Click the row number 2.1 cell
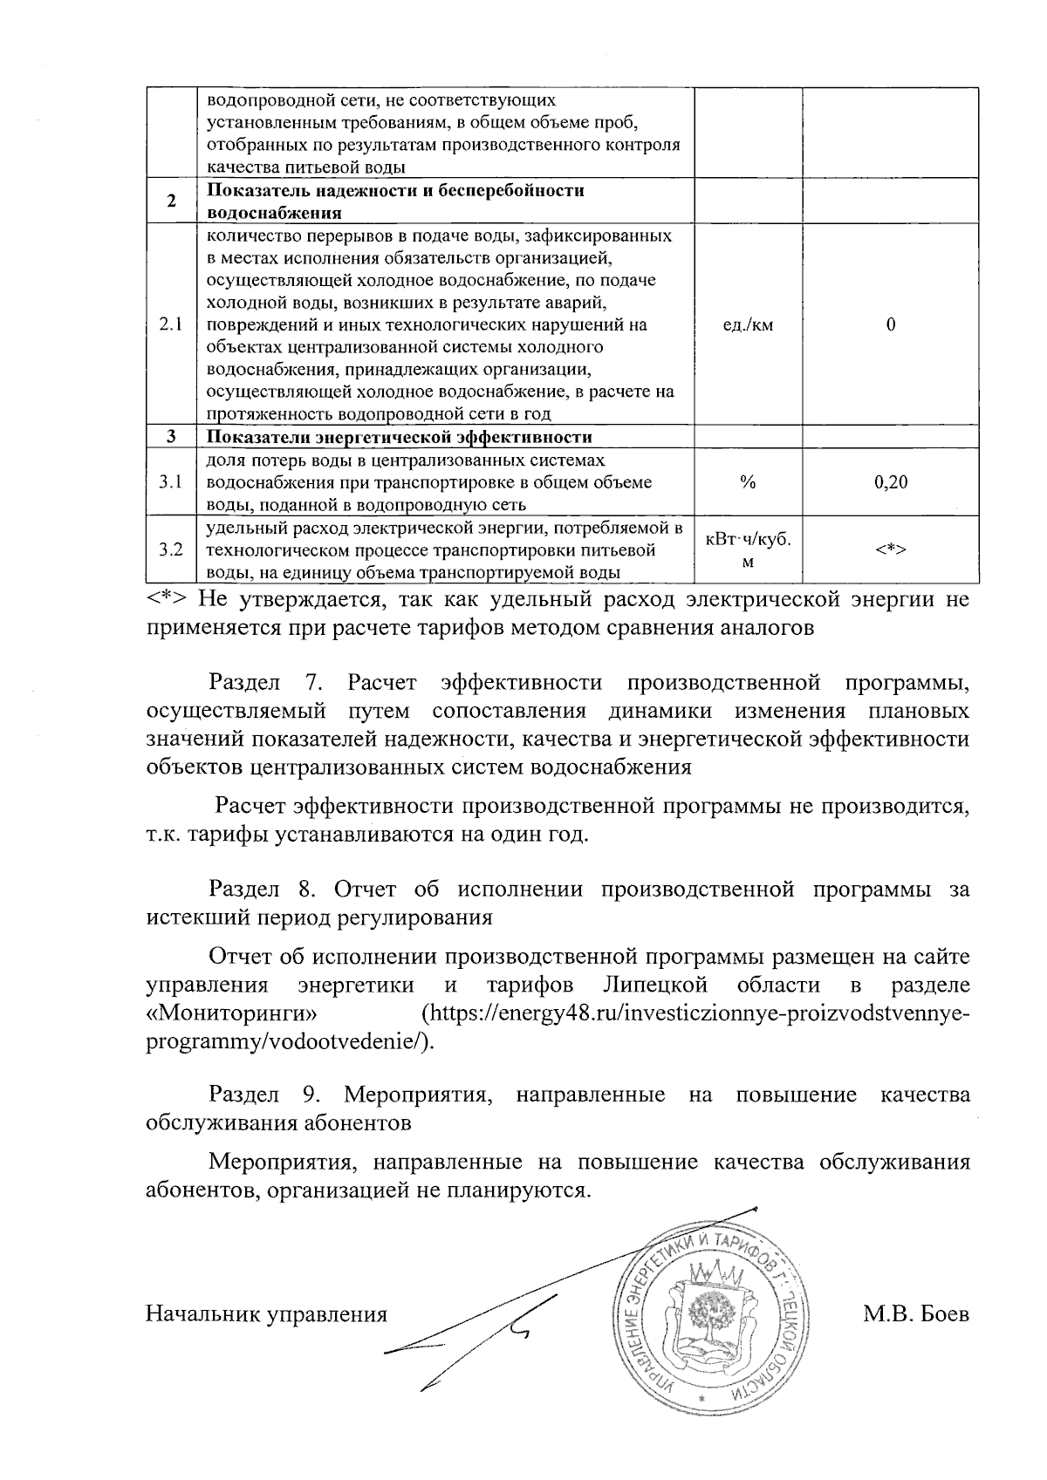[x=171, y=325]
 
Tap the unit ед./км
[x=748, y=325]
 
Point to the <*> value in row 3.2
[x=890, y=550]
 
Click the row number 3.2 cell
[x=171, y=550]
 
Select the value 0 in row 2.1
[x=890, y=325]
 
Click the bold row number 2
[x=171, y=201]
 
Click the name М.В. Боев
[x=915, y=1314]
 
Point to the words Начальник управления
[x=265, y=1314]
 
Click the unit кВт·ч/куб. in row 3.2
[x=748, y=540]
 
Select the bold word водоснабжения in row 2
[x=273, y=213]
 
